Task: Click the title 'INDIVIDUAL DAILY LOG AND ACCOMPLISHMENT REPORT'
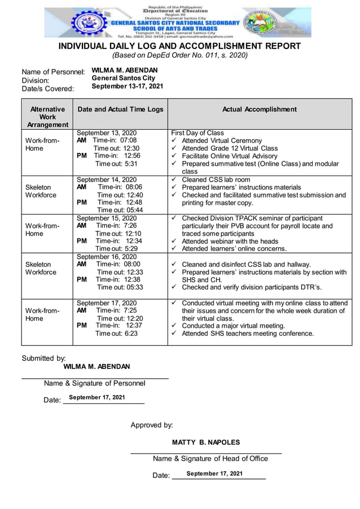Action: [180, 46]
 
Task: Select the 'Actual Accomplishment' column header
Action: [259, 109]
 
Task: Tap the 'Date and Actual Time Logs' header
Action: [120, 109]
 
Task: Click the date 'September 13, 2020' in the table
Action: [107, 133]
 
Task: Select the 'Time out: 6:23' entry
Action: [116, 334]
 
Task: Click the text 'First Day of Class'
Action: [197, 133]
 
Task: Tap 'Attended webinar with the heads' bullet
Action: [231, 241]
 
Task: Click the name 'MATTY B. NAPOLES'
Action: [206, 442]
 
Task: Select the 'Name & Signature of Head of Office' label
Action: [210, 459]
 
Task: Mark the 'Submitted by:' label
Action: [44, 358]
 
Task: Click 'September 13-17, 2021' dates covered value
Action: [128, 86]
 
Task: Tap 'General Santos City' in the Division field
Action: [124, 78]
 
